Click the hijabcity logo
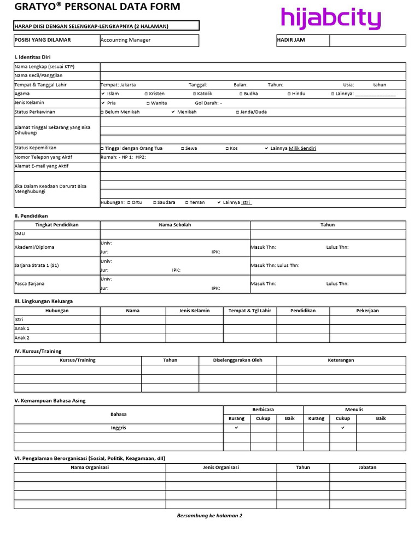[330, 19]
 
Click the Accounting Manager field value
[125, 40]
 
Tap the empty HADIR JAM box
[367, 40]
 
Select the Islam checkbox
[103, 94]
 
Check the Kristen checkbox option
[147, 94]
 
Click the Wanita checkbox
[148, 103]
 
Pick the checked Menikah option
[173, 112]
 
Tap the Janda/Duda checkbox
[238, 112]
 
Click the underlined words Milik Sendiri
[302, 148]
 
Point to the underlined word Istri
[246, 202]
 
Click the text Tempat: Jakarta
[118, 85]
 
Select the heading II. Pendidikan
[31, 215]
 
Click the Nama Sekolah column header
[175, 225]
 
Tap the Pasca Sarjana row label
[30, 284]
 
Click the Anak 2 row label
[22, 338]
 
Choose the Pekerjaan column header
[367, 311]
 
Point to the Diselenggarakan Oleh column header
[237, 360]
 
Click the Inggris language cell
[118, 428]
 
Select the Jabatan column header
[367, 468]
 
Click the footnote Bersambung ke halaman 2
[209, 515]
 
